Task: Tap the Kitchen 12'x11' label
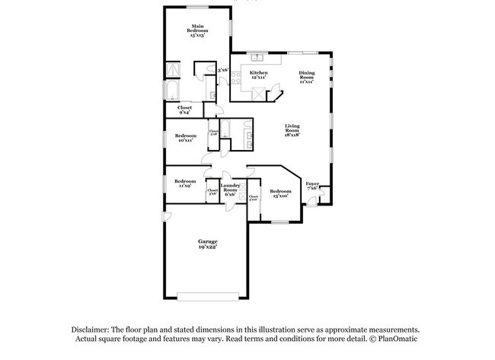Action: click(258, 75)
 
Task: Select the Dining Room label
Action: click(306, 77)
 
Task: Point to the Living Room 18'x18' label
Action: click(292, 130)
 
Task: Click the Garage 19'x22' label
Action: click(208, 244)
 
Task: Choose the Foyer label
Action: click(312, 186)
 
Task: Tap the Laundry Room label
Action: click(230, 190)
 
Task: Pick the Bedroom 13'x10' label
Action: click(279, 193)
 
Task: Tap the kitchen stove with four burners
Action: click(260, 94)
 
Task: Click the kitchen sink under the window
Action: click(258, 57)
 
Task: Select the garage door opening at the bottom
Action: click(208, 296)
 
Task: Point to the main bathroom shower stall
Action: click(174, 71)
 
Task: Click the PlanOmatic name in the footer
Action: click(398, 339)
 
